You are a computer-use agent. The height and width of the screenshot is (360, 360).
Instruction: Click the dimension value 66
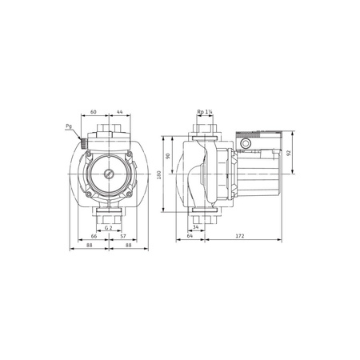pos(94,238)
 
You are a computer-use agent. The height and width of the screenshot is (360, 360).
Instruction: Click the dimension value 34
pos(197,228)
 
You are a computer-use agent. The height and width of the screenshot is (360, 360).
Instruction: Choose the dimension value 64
pos(190,238)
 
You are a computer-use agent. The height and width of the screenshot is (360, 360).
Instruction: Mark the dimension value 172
pos(240,238)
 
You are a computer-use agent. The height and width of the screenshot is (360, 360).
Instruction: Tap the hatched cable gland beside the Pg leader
pos(82,142)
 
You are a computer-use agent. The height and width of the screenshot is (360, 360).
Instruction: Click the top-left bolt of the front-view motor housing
pos(90,157)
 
